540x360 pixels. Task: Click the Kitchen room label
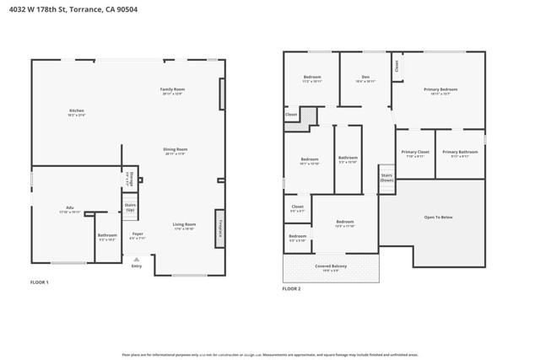click(76, 110)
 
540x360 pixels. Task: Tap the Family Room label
click(173, 89)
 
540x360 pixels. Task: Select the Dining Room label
click(175, 149)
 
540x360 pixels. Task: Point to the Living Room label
click(184, 224)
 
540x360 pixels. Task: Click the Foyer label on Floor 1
click(138, 235)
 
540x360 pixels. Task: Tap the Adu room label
click(70, 207)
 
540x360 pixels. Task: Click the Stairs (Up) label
click(130, 207)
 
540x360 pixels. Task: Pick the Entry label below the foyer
click(137, 266)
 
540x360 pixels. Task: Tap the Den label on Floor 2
click(365, 78)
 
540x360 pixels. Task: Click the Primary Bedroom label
click(440, 89)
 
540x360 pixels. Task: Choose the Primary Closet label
click(417, 153)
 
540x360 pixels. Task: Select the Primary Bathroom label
click(460, 153)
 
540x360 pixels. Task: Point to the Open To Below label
click(438, 217)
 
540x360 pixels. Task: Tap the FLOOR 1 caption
click(40, 282)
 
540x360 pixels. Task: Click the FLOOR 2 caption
click(291, 288)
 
